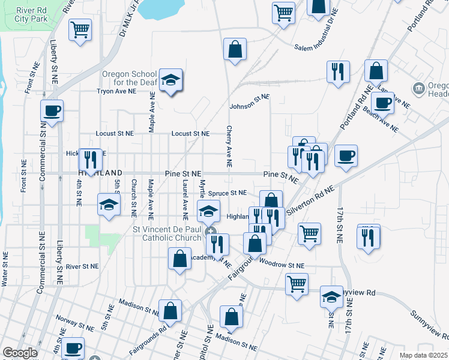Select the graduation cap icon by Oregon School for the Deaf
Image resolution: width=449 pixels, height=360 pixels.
pos(170,81)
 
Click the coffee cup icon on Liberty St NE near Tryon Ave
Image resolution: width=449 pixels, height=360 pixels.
pos(52,110)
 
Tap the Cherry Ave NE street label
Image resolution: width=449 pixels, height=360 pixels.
pos(229,146)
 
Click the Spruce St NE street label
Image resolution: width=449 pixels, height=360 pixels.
pos(228,193)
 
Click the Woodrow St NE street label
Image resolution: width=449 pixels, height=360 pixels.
pos(282,263)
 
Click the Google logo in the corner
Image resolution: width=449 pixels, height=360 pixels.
pos(20,353)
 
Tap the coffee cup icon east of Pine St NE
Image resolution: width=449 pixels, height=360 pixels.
pos(346,156)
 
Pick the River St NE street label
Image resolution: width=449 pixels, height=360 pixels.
pos(82,266)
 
